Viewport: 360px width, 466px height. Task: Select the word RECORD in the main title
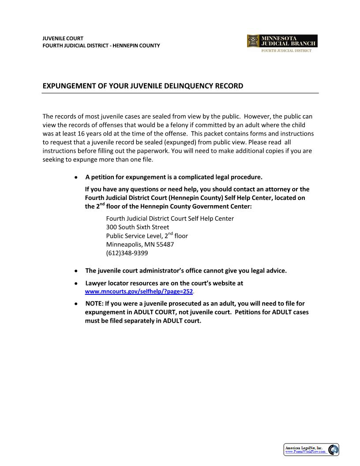tap(229, 86)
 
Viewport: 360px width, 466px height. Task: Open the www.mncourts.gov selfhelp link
tap(139, 292)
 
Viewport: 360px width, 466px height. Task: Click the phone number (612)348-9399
tap(127, 253)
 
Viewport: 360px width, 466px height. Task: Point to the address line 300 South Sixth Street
tap(137, 227)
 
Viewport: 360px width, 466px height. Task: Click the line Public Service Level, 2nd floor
tap(147, 236)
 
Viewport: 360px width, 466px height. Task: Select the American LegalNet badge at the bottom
tap(311, 450)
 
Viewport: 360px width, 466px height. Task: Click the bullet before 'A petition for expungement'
tap(76, 177)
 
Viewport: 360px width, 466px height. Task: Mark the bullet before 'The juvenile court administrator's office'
tap(76, 271)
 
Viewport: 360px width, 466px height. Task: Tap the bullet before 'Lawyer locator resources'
tap(76, 283)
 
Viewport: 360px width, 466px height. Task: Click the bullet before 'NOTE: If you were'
tap(76, 304)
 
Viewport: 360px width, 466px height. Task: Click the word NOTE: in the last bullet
tap(94, 304)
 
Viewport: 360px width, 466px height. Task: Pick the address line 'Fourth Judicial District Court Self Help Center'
tap(170, 218)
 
